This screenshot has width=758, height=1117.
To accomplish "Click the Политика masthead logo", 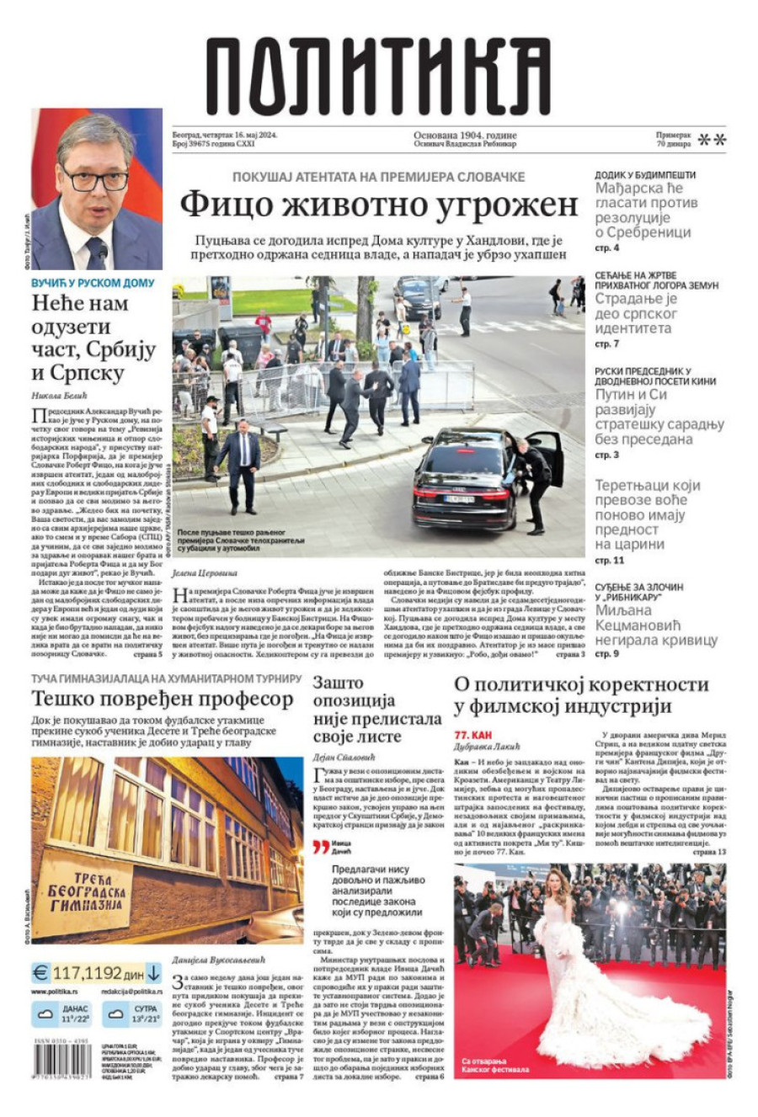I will pyautogui.click(x=378, y=77).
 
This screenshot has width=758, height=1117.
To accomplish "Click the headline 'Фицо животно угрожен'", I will pyautogui.click(x=379, y=205).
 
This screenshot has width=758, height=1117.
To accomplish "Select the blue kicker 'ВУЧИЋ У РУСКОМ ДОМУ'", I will pyautogui.click(x=93, y=283).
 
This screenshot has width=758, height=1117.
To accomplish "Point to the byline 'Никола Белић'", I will pyautogui.click(x=59, y=395).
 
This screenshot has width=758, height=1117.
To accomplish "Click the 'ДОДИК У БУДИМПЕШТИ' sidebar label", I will pyautogui.click(x=645, y=174).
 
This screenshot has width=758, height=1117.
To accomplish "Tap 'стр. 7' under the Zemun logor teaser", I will pyautogui.click(x=606, y=344).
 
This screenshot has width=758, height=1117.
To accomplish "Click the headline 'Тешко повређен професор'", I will pyautogui.click(x=162, y=699).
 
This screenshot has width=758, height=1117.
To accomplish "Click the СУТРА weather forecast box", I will pyautogui.click(x=135, y=1013).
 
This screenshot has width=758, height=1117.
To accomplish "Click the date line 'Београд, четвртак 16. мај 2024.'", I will pyautogui.click(x=224, y=135).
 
